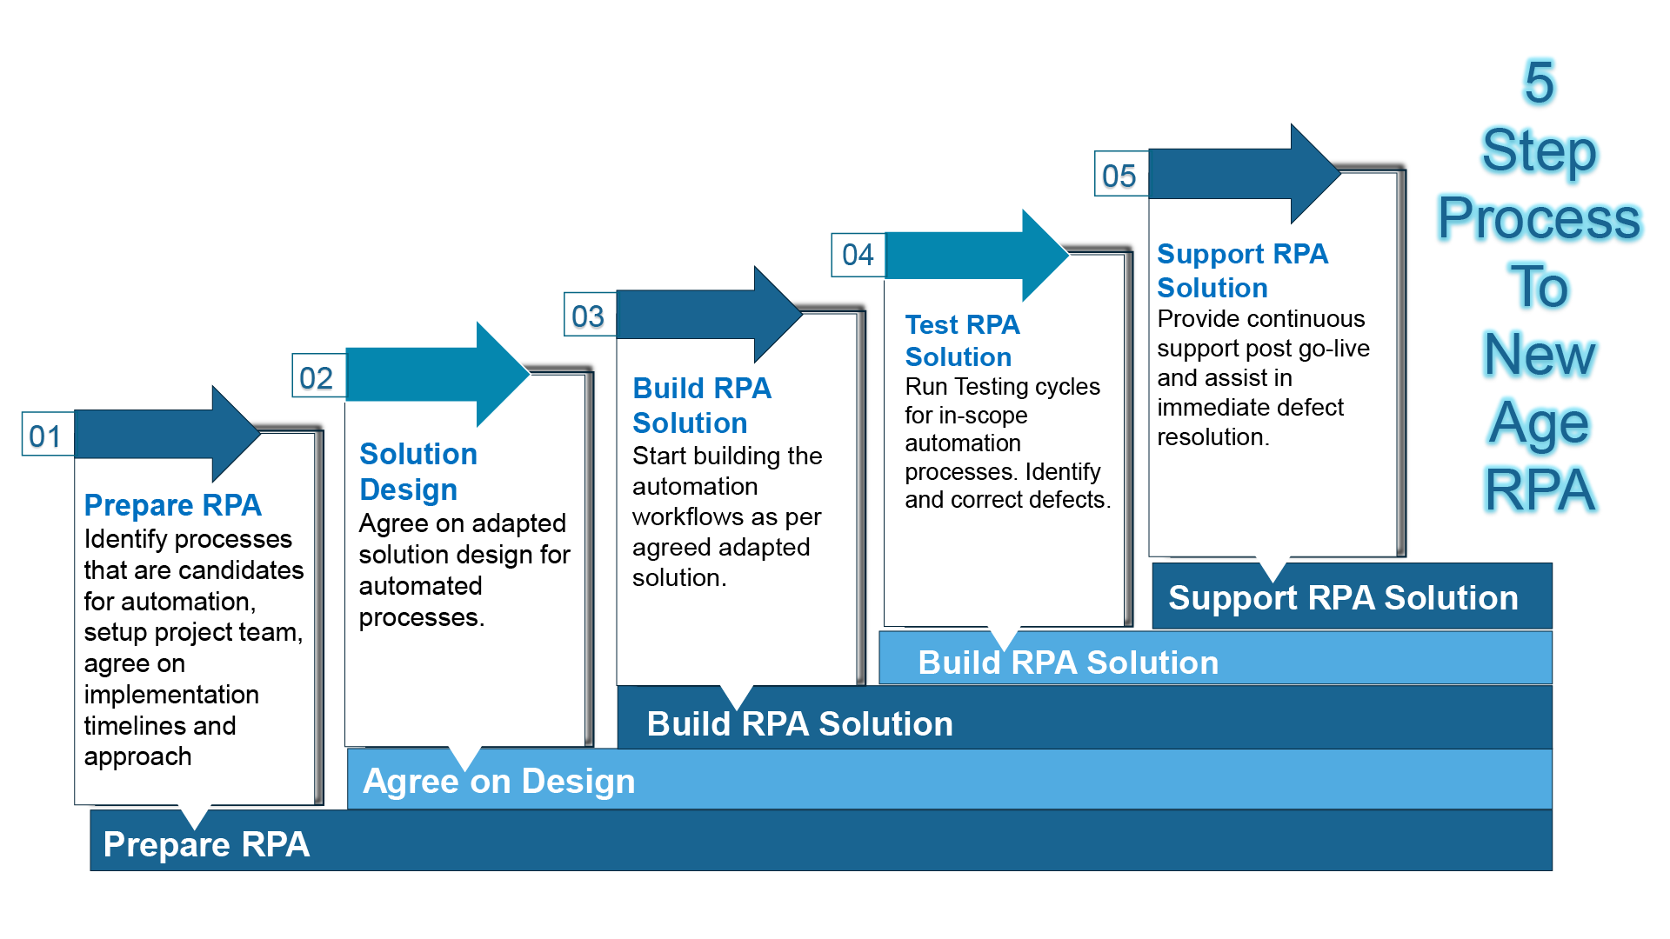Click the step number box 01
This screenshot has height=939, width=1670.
click(47, 435)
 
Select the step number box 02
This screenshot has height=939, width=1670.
click(317, 376)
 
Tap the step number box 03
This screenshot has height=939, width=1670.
click(589, 315)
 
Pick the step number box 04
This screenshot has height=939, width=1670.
click(858, 254)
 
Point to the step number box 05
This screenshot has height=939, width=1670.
click(1120, 175)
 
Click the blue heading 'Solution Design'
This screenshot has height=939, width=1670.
click(417, 471)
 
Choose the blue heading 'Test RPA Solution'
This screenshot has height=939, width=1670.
click(962, 340)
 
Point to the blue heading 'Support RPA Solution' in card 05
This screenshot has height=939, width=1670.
click(1242, 270)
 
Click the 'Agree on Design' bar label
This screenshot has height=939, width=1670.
click(498, 781)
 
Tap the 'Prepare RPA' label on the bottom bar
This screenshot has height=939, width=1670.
click(206, 844)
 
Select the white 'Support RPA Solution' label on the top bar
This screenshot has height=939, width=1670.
click(1343, 597)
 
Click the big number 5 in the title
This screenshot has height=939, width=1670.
click(1539, 83)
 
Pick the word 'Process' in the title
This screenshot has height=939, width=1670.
click(1539, 218)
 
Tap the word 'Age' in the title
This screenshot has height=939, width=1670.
click(1539, 423)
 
